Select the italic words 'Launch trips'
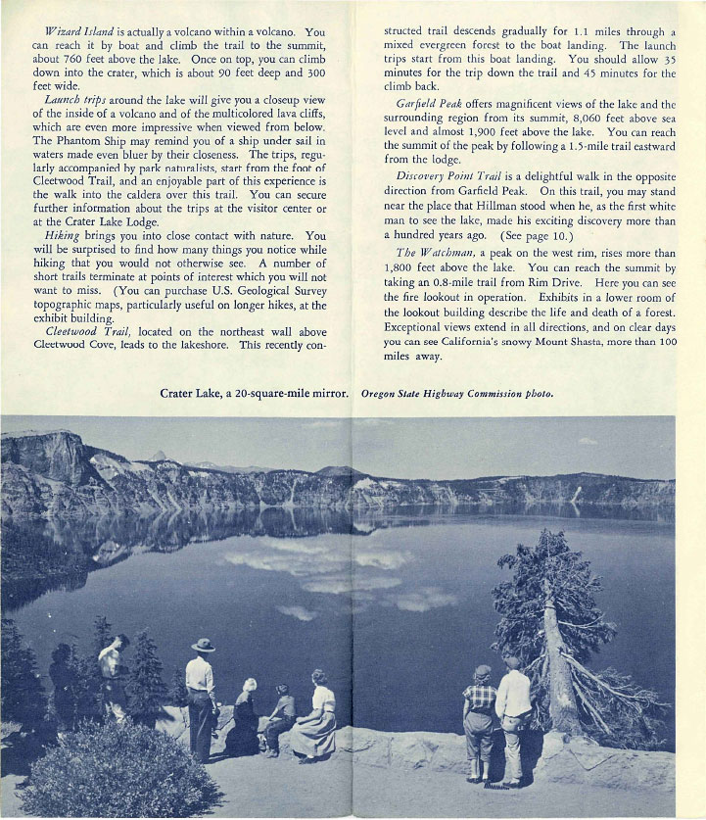[75, 99]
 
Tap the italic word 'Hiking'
[64, 236]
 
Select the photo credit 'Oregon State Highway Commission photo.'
[457, 394]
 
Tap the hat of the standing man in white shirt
[204, 645]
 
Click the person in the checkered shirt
[479, 705]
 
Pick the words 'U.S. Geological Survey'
[261, 290]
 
